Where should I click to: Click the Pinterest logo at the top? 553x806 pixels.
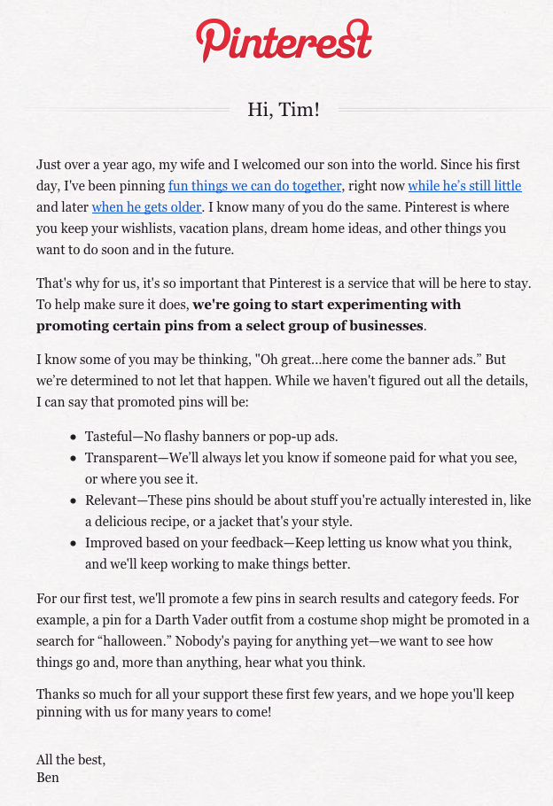(x=284, y=40)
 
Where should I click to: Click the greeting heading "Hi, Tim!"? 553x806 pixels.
(x=284, y=110)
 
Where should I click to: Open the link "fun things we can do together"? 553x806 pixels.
(x=255, y=186)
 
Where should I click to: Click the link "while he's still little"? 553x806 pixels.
(x=464, y=186)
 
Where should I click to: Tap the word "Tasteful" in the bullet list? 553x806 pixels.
(x=110, y=437)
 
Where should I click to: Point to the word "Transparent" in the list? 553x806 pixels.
(x=121, y=458)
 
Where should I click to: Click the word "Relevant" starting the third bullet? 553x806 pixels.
(x=113, y=500)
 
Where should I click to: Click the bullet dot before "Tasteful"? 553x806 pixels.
(x=73, y=438)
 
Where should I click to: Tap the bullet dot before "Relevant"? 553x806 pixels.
(x=73, y=501)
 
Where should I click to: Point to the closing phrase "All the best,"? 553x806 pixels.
(x=71, y=760)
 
